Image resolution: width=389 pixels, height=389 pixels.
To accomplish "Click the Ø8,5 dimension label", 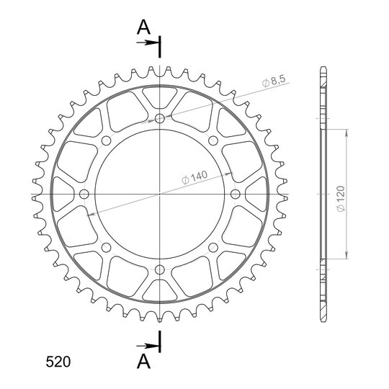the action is coord(274,81).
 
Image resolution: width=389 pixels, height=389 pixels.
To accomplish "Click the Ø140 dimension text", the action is coord(194,177).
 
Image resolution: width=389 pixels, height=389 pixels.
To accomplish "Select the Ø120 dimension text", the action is coord(341,199).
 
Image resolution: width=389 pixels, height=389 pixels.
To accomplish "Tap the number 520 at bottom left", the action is coord(58,362).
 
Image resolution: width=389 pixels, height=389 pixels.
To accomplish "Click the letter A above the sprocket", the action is coord(143,27).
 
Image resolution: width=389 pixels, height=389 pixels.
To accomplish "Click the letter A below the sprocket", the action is coord(143,361).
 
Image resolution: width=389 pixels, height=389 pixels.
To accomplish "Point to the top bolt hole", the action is coord(160,119).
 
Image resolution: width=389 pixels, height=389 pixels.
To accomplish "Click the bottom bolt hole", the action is coord(160,269).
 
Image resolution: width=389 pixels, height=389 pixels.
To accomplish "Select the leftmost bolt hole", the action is coord(84,194).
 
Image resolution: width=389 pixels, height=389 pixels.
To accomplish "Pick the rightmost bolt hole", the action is coord(235,194).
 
